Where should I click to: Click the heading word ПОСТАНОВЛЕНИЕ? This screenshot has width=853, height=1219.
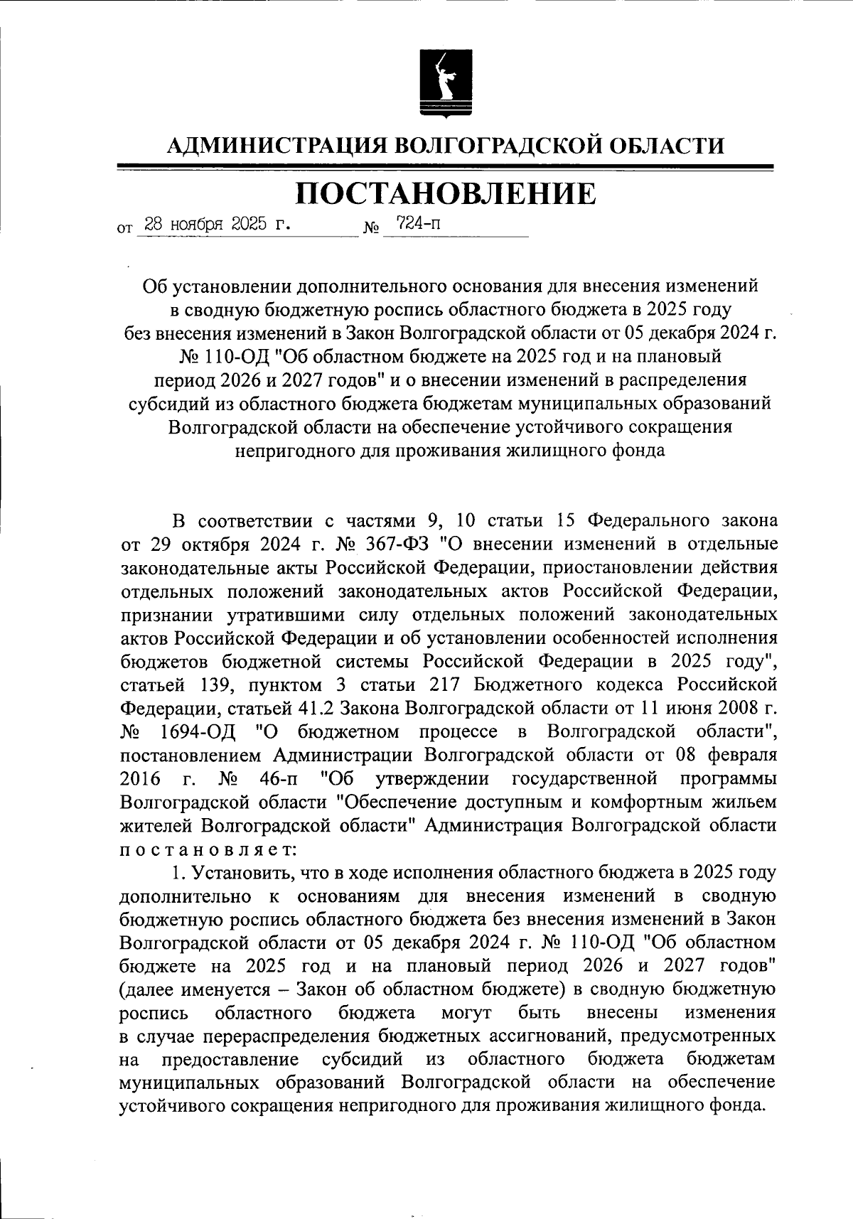pos(446,193)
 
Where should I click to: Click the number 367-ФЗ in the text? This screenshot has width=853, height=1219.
pos(397,544)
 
